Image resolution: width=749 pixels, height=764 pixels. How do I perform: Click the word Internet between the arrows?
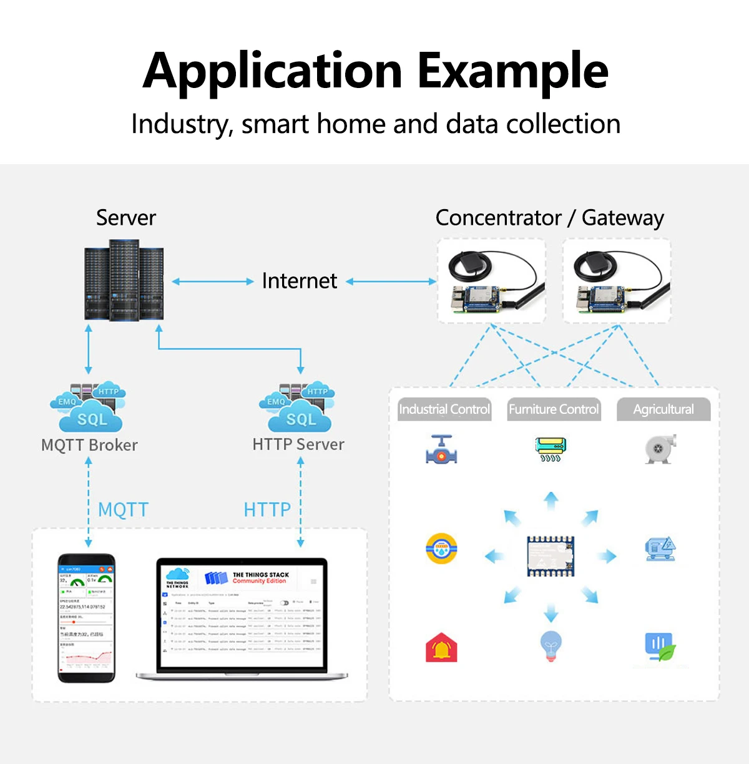(x=299, y=281)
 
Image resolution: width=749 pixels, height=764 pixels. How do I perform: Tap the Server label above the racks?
(x=125, y=218)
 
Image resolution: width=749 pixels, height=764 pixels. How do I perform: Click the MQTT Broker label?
(x=89, y=445)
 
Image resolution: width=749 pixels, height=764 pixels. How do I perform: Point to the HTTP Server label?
(x=298, y=444)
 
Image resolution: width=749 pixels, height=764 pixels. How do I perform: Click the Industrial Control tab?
(x=444, y=409)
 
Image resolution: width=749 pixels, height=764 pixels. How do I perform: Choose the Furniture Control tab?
(x=554, y=409)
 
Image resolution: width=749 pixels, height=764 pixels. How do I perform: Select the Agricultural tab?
(x=663, y=409)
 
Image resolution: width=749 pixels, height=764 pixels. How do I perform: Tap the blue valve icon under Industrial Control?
(x=441, y=450)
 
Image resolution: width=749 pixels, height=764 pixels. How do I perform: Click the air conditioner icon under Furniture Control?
(x=551, y=449)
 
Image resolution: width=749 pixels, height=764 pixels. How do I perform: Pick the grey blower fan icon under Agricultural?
(x=660, y=449)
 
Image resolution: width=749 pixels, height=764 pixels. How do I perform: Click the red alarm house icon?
(x=441, y=647)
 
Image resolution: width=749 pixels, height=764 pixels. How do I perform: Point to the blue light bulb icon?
(x=551, y=645)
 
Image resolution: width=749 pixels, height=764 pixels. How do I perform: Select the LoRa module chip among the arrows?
(x=551, y=555)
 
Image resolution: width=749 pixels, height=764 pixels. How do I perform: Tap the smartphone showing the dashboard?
(x=87, y=618)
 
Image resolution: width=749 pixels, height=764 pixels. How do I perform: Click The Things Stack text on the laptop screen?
(x=260, y=575)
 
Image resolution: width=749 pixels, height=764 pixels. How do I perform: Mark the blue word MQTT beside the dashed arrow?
(x=123, y=510)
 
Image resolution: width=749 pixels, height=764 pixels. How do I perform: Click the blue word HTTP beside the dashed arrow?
(x=267, y=510)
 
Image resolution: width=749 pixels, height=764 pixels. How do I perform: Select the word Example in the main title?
(x=512, y=71)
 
